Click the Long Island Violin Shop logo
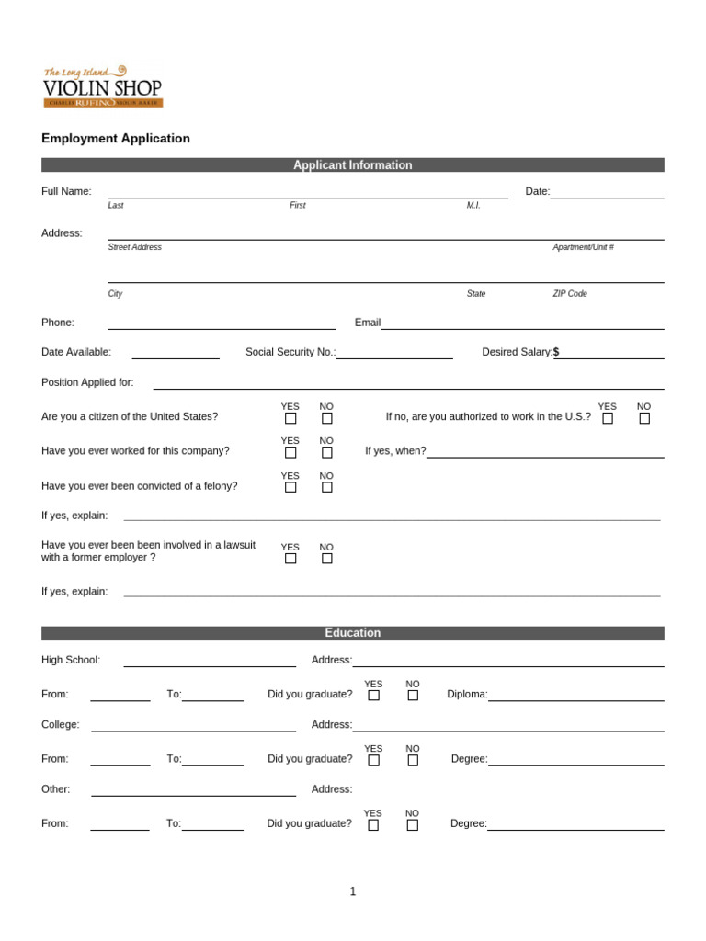102,86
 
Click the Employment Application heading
116,139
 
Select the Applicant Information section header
352,165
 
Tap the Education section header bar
352,633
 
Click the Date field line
607,192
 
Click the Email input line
522,323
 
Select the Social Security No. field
394,353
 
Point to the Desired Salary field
611,353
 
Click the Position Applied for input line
408,383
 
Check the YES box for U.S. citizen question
290,418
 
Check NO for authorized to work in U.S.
644,418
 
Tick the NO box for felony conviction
326,487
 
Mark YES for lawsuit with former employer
290,558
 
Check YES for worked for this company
290,452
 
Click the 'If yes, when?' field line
545,452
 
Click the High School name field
210,661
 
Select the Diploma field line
575,696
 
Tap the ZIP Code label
569,294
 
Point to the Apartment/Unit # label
583,247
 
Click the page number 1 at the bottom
353,891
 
